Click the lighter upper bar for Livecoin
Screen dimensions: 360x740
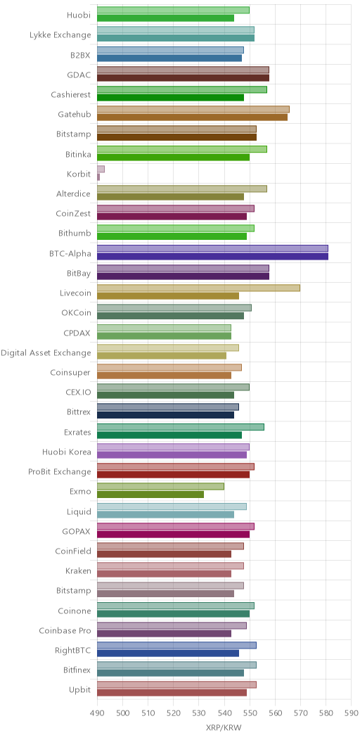point(199,288)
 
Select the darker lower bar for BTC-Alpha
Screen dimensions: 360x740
point(213,256)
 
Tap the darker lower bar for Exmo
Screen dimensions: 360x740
point(150,494)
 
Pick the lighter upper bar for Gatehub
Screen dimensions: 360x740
point(193,110)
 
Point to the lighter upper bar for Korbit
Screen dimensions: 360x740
point(101,169)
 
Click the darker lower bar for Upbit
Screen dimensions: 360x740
point(172,692)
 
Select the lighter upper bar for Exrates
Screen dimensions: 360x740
point(181,427)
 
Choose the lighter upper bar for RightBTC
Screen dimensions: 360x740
point(177,644)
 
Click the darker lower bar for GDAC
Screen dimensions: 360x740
point(183,78)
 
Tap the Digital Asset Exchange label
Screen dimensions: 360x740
point(46,352)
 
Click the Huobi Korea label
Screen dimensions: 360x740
point(67,452)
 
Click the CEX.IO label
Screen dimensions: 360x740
point(78,393)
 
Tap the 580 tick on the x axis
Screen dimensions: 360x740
point(326,711)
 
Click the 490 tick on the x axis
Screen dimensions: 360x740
point(97,711)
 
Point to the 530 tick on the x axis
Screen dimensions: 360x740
point(199,711)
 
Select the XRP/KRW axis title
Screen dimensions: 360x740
point(224,727)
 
